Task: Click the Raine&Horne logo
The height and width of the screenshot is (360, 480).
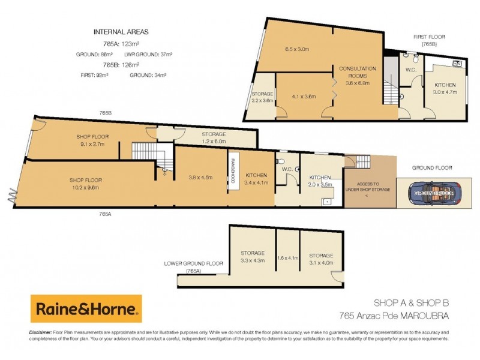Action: click(x=86, y=309)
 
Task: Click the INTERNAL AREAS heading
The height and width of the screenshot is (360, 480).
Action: click(x=122, y=32)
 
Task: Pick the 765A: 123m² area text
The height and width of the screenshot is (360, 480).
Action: click(x=121, y=43)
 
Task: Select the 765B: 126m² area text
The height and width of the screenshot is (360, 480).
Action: click(x=121, y=64)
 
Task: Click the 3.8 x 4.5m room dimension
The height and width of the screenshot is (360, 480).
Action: click(x=201, y=177)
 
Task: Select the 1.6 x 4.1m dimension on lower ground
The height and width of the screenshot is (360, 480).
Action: click(x=288, y=259)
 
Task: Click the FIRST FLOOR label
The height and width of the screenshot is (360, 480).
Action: click(x=428, y=36)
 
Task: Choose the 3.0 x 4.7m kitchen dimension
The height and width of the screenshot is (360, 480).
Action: click(x=445, y=92)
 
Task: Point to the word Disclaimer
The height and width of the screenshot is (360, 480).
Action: click(x=40, y=332)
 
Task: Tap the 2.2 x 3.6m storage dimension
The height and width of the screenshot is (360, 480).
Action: click(x=262, y=101)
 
